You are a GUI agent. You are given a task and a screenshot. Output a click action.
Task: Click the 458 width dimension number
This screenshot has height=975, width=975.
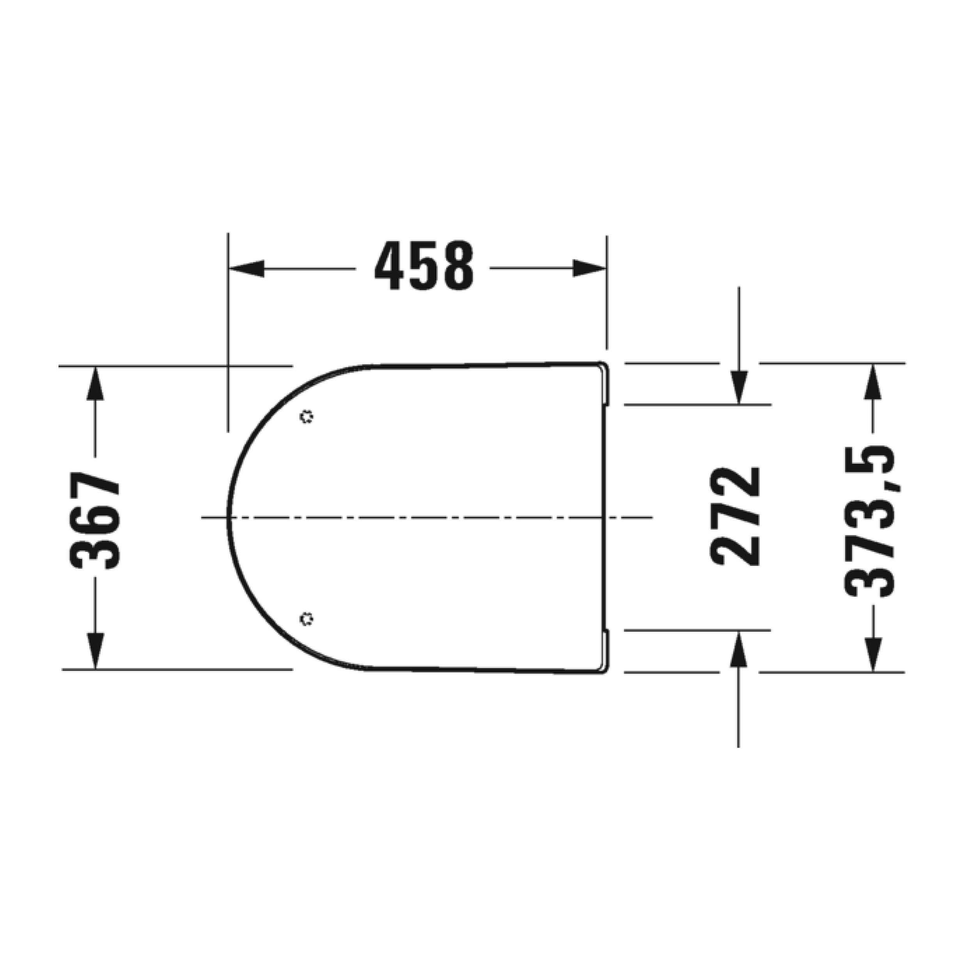pyautogui.click(x=424, y=266)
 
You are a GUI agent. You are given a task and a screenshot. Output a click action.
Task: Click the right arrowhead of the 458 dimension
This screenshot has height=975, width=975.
pyautogui.click(x=589, y=268)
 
